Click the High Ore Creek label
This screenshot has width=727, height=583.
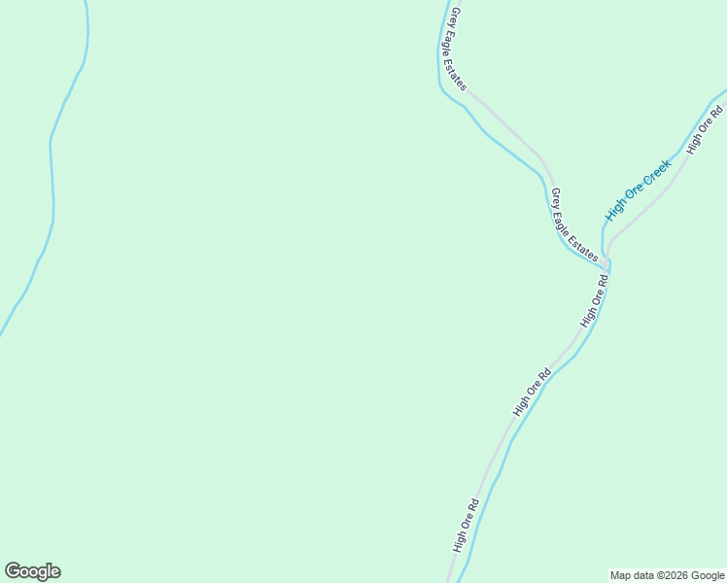tap(639, 189)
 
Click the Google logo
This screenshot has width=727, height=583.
tap(32, 571)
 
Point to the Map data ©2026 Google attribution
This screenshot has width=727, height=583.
tap(667, 575)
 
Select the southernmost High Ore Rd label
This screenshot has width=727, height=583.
tap(467, 526)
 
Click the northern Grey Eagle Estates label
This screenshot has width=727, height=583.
tap(455, 49)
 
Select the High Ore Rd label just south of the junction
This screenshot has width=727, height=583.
tap(595, 300)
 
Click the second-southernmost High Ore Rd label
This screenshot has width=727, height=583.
tap(533, 392)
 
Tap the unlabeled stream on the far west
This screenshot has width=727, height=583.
tap(52, 175)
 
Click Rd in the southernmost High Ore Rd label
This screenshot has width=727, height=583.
tap(473, 507)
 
